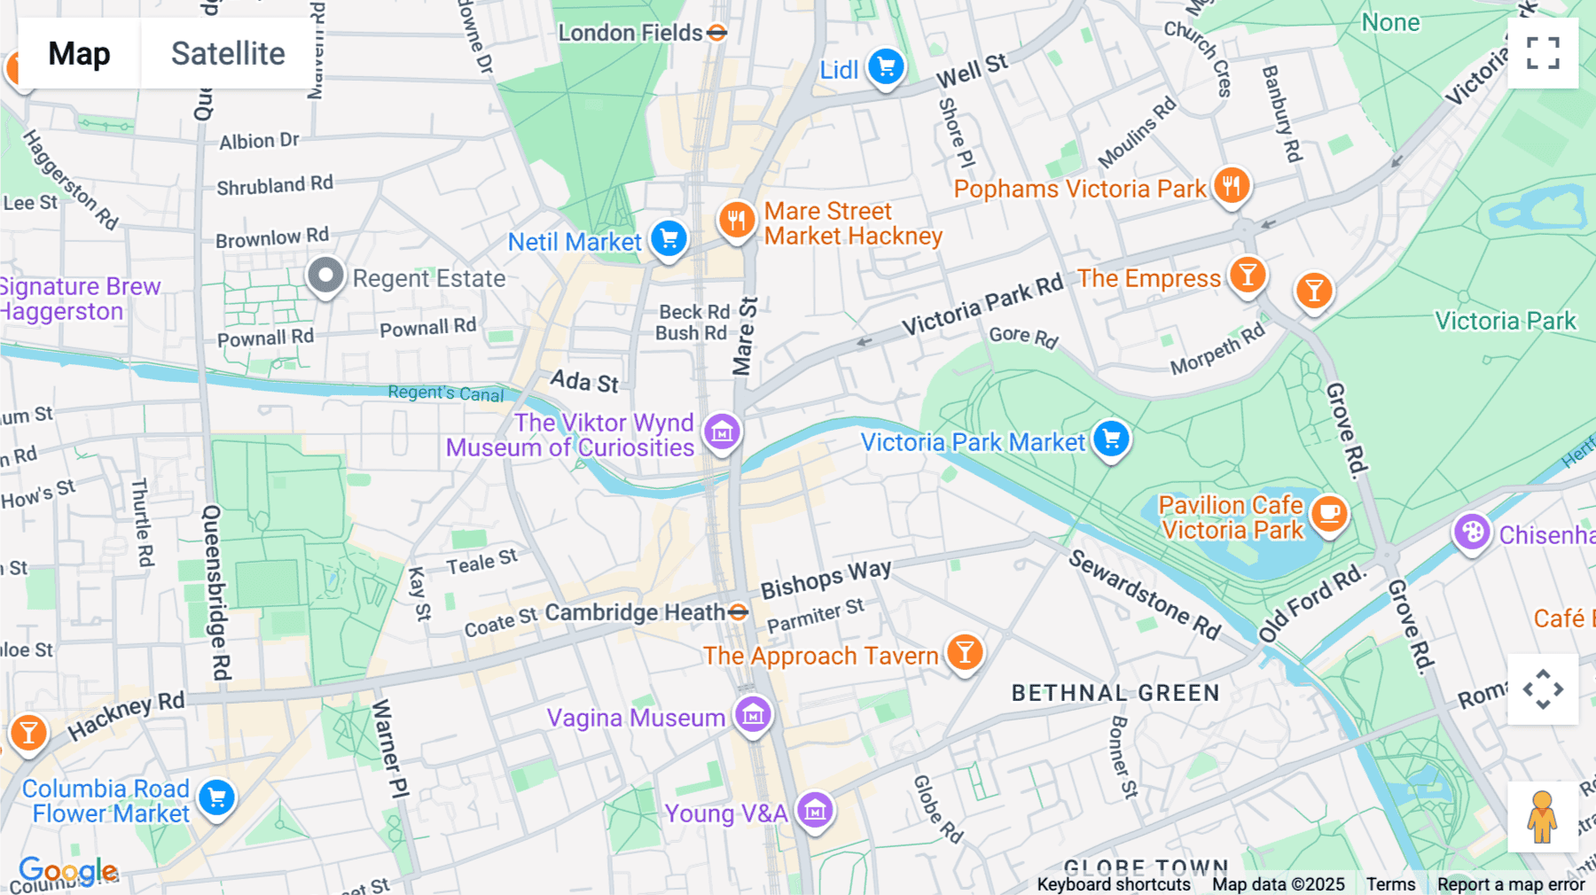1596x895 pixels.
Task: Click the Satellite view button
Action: click(228, 53)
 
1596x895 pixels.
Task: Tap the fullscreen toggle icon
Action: click(1543, 53)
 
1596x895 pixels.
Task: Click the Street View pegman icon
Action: click(1542, 817)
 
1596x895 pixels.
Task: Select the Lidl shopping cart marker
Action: click(886, 66)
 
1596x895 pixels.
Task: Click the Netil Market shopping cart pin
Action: click(669, 238)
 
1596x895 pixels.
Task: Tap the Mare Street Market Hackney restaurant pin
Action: click(736, 219)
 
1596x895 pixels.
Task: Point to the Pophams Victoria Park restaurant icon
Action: click(1232, 186)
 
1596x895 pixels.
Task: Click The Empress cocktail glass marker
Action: click(1247, 276)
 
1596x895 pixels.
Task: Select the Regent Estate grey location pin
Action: click(325, 276)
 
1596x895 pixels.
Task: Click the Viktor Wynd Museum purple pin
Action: click(722, 432)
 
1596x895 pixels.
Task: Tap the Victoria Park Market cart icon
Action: click(1111, 439)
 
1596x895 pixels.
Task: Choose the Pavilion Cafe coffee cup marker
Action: click(1328, 513)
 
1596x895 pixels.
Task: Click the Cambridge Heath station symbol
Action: click(738, 612)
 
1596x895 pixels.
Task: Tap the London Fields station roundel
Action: click(717, 34)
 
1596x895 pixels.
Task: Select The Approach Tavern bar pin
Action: click(965, 653)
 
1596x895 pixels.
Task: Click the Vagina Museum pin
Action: click(753, 714)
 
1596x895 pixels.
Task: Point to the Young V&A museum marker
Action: click(815, 810)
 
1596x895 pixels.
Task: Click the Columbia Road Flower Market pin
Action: click(216, 798)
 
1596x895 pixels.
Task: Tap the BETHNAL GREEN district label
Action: click(1115, 693)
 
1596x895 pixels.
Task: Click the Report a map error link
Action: click(1511, 884)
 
